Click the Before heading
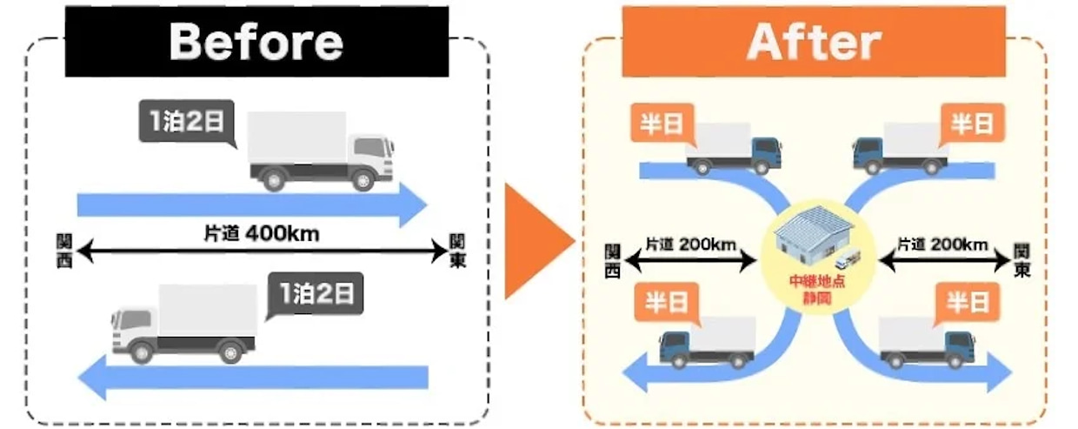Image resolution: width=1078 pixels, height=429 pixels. pos(256,41)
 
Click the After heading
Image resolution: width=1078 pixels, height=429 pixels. pos(813,41)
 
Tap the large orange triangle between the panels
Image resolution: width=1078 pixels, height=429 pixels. pos(535,239)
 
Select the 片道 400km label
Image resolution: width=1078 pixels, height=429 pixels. pos(261,233)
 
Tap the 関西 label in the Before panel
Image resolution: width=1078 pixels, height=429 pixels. pos(63,250)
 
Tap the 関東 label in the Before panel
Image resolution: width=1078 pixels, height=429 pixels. pos(457,250)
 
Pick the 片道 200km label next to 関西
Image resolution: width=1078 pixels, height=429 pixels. pos(691,245)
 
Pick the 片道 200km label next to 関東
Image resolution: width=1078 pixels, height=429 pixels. pos(942,245)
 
